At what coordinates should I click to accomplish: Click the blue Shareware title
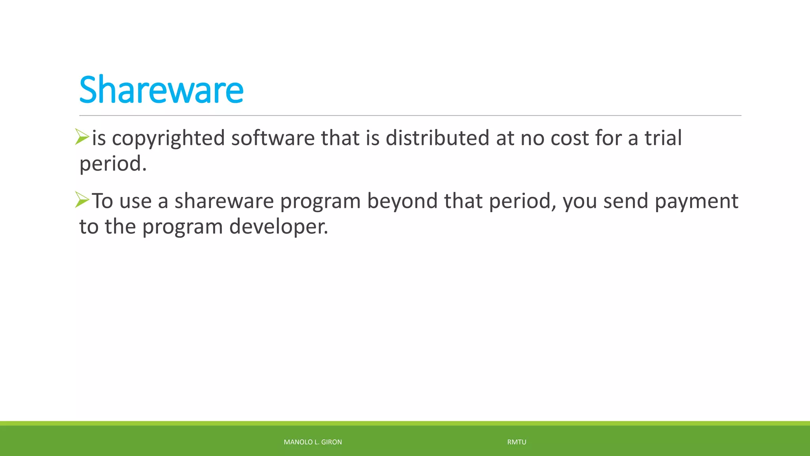161,90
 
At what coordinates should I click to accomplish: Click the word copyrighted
168,139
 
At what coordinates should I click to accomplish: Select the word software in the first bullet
273,139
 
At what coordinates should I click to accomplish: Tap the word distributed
437,139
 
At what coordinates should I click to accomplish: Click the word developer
278,227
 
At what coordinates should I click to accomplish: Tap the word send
626,201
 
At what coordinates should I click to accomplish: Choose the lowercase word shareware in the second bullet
224,201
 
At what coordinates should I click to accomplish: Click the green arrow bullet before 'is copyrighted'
82,137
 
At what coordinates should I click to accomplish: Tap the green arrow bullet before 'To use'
82,199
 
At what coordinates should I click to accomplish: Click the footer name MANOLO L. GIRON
312,442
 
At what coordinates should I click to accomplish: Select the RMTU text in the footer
517,442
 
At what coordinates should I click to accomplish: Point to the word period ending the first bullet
112,164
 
